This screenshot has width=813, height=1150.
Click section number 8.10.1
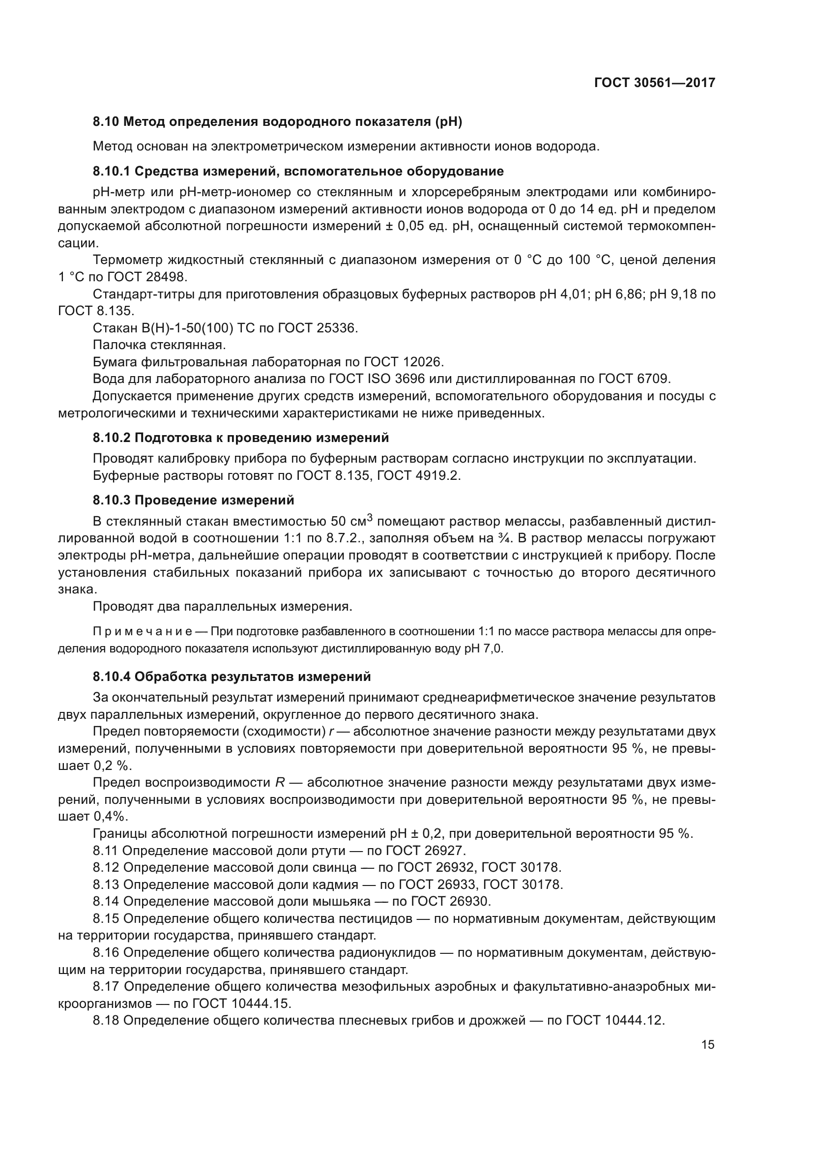pos(112,171)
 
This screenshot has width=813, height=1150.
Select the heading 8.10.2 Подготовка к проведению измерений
pos(241,438)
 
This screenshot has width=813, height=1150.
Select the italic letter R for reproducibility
pos(280,783)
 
